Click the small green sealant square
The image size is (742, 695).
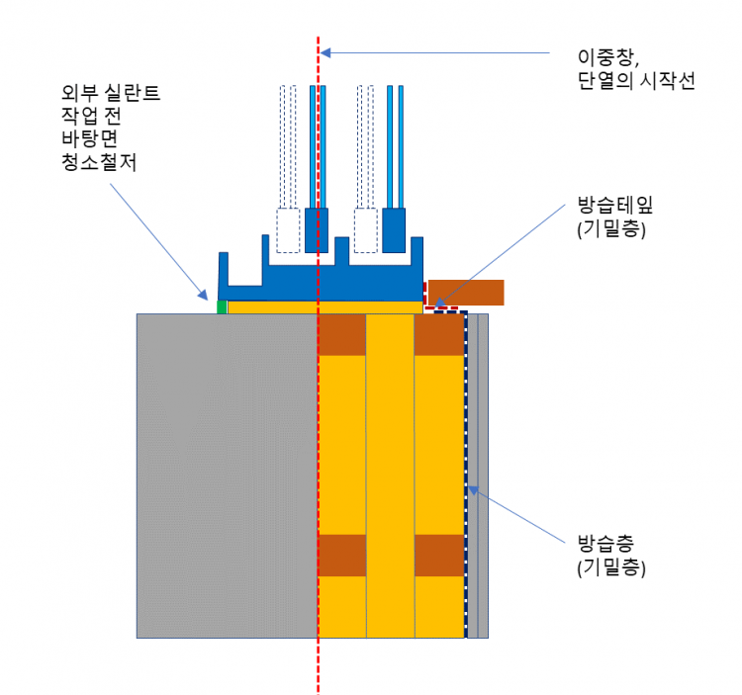tap(223, 306)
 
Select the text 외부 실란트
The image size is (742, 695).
tap(110, 95)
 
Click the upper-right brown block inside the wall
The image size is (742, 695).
tap(439, 335)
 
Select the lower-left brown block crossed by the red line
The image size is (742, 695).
tap(342, 555)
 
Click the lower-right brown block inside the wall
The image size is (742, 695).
tap(439, 555)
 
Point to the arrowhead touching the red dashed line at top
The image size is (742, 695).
tap(328, 52)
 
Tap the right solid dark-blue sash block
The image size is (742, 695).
tap(394, 230)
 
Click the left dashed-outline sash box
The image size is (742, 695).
tap(288, 230)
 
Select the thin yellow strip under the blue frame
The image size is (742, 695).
tap(326, 307)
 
